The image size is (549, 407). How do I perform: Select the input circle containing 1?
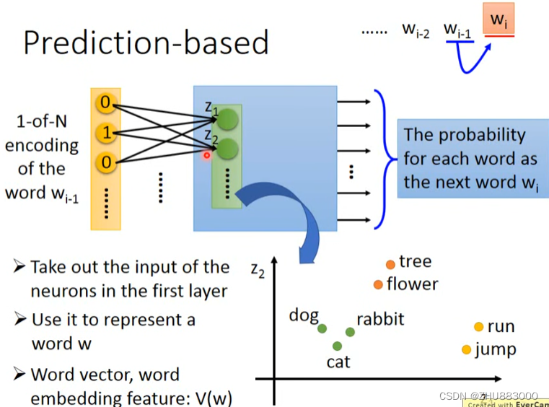point(106,134)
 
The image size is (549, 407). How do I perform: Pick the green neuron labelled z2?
point(228,149)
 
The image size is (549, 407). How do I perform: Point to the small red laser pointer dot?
point(206,154)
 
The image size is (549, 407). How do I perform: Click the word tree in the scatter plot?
point(415,261)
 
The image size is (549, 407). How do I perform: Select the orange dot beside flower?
point(378,284)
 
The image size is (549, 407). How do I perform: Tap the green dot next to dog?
point(322,328)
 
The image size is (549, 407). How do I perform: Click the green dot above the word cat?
point(337,346)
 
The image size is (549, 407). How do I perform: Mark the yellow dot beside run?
point(478,327)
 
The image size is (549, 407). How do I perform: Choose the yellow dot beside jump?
point(467,350)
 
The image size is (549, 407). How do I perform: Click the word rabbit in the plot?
point(380,318)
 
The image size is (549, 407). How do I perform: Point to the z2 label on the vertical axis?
point(258,269)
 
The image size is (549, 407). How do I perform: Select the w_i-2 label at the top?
point(416,31)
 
